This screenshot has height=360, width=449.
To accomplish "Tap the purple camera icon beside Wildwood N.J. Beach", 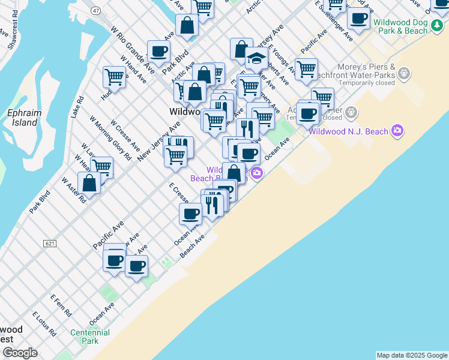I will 396,130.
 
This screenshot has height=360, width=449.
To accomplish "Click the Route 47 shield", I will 96,11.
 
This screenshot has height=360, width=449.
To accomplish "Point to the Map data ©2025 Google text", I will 412,355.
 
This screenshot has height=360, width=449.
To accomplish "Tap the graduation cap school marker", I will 256,59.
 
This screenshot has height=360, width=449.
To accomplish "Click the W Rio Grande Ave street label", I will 133,49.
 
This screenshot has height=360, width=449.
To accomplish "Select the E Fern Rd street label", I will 62,305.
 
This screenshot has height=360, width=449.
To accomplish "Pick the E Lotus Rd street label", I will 44,325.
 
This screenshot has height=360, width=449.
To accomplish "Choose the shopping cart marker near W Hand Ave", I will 113,77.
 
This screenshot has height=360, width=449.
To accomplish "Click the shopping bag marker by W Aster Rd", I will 89,184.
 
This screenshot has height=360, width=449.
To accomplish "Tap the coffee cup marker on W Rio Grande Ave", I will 159,52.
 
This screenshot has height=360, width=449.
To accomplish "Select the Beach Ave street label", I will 193,246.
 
